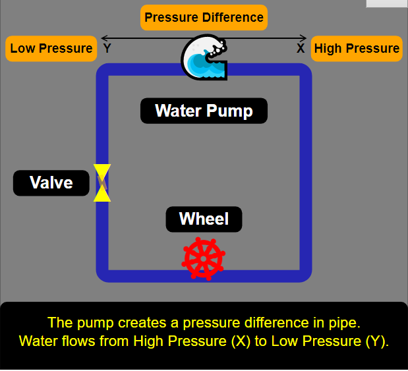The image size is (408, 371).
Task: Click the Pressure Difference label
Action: [204, 17]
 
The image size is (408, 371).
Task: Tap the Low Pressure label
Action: [51, 48]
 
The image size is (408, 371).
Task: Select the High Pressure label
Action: [356, 48]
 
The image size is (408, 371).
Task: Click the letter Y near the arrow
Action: [107, 48]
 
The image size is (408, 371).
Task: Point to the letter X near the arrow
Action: [301, 48]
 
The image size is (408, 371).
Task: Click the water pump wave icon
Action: [204, 58]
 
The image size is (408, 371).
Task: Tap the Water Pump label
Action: [204, 111]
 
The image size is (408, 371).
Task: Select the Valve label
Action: [51, 183]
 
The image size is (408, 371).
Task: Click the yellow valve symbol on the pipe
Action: [102, 183]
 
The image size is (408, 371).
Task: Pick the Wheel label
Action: [204, 219]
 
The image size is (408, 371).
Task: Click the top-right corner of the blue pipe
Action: [305, 71]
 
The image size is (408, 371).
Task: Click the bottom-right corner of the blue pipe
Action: [305, 275]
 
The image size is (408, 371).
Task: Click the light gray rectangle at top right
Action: [387, 3]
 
